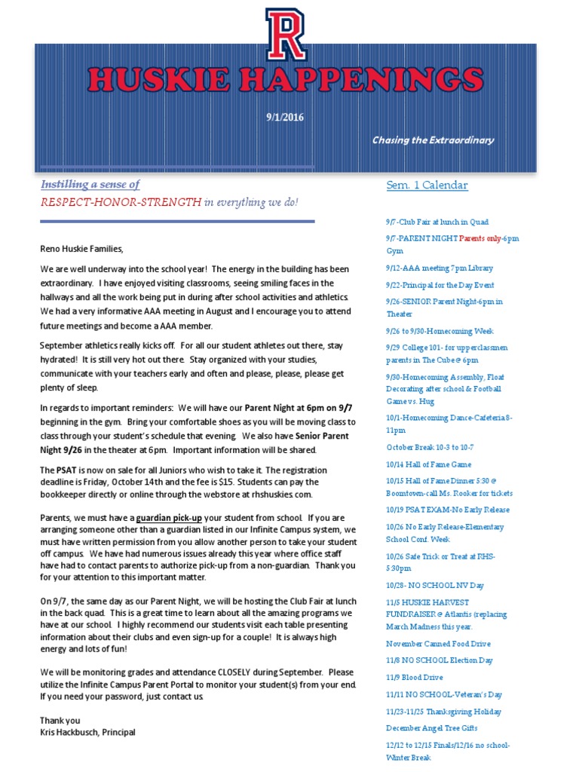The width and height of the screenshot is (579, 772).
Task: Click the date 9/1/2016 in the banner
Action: coord(285,117)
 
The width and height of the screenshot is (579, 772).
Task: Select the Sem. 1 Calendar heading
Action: coord(427,185)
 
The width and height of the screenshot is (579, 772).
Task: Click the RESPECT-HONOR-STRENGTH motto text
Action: coord(121,202)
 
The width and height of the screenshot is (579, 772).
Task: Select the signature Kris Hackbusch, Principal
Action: coord(88,732)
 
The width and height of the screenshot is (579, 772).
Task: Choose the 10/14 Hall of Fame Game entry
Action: coord(428,464)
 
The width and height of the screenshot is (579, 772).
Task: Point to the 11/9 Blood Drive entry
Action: coord(415,678)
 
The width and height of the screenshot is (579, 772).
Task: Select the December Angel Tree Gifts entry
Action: coord(432,728)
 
